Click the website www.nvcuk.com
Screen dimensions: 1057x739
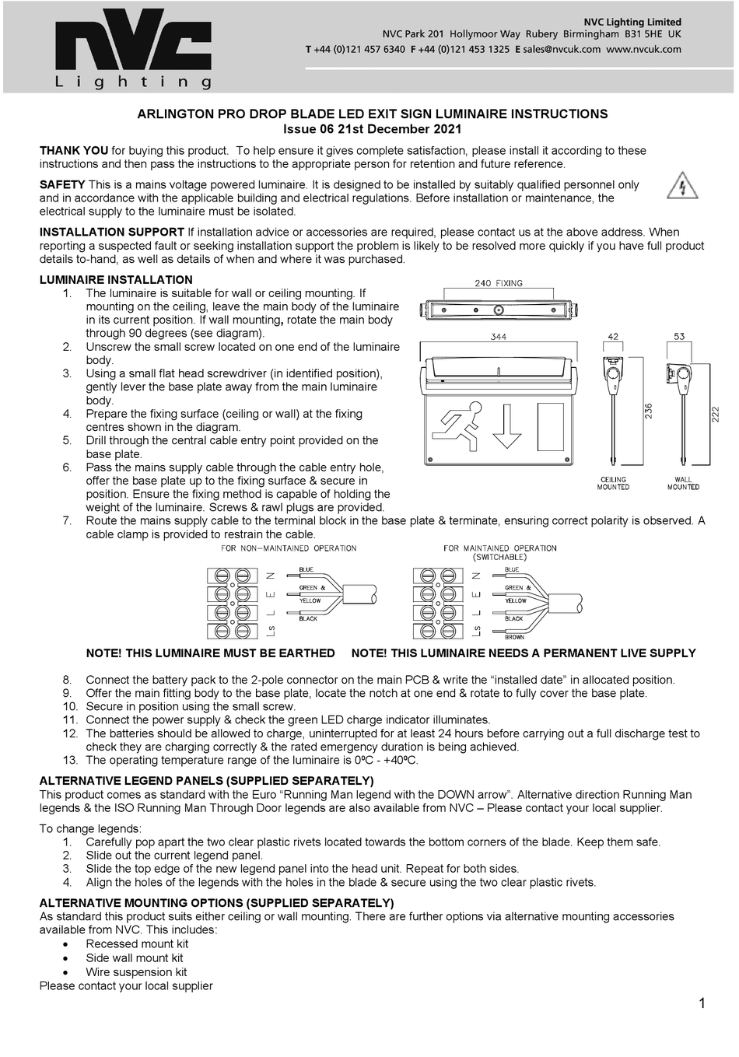coord(643,49)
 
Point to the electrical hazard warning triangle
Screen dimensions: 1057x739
coord(682,186)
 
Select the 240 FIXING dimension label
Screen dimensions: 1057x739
coord(499,283)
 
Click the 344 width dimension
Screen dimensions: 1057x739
coord(499,337)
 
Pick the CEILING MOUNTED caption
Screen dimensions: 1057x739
coord(613,483)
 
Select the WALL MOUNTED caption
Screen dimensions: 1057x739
coord(683,483)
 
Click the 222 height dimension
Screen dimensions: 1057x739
coord(716,415)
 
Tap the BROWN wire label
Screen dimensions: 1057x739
coord(514,637)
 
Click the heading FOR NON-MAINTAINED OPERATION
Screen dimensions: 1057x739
coord(289,548)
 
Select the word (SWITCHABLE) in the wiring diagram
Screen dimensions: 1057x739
coord(499,558)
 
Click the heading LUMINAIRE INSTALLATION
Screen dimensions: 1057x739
coord(116,280)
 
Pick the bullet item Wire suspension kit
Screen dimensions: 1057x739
coord(136,972)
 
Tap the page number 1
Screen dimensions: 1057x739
coord(702,1003)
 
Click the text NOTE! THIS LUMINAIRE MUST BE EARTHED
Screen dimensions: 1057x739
coord(210,653)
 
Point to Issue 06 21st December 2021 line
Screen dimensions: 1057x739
coord(372,129)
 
